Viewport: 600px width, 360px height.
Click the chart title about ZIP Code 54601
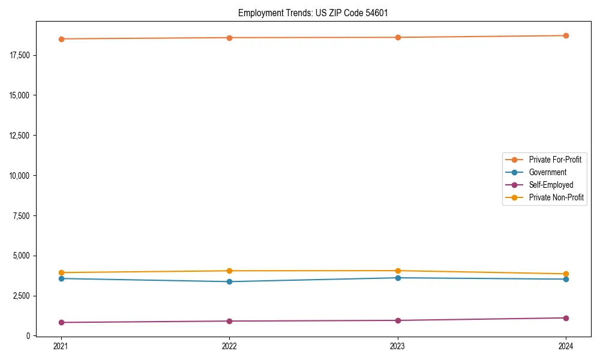coord(313,13)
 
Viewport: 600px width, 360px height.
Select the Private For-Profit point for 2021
coord(61,39)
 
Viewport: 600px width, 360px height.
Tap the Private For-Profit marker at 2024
coord(566,35)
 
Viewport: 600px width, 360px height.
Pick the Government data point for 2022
coord(229,281)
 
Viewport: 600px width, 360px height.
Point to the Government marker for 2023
coord(398,278)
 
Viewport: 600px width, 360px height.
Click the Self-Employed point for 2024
coord(566,318)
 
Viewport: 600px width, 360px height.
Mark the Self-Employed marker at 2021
coord(61,322)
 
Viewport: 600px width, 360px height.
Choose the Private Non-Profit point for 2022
coord(229,271)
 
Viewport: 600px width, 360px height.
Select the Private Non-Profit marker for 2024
coord(566,274)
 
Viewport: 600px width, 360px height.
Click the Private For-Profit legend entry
coord(554,160)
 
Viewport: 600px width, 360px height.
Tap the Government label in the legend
coord(547,172)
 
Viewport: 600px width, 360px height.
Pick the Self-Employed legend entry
coord(551,185)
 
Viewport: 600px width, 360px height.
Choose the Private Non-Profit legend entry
coord(556,197)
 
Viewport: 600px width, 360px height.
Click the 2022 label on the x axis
coord(229,346)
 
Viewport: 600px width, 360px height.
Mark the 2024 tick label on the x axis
coord(566,346)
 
